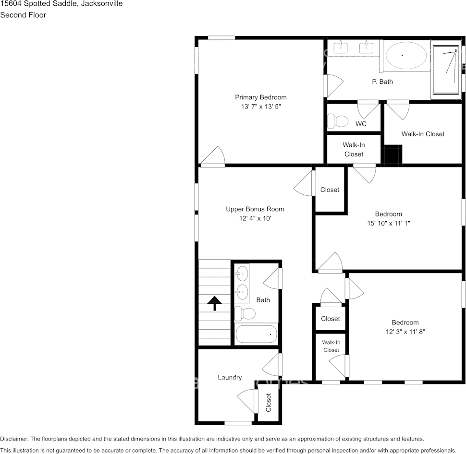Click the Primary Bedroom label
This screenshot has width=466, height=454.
click(260, 97)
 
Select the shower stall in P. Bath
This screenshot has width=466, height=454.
click(446, 69)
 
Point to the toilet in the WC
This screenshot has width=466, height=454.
click(338, 121)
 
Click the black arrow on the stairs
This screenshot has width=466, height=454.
click(214, 303)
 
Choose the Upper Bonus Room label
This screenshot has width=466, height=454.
click(255, 209)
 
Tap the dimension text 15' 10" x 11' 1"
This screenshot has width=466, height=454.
click(388, 223)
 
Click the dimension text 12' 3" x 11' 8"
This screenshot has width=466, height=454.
click(405, 332)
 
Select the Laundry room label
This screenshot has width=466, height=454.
click(230, 378)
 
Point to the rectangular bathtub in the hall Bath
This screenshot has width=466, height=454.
click(257, 334)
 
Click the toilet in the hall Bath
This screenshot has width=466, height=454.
click(245, 314)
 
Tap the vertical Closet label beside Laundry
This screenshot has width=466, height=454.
click(269, 402)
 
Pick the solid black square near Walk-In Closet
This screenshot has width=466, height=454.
click(392, 155)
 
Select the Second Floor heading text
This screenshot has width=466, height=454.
click(23, 15)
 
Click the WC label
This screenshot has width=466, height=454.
click(361, 124)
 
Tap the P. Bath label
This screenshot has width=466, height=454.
click(382, 82)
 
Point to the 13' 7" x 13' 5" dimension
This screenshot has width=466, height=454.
click(260, 107)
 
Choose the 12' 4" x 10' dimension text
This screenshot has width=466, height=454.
click(255, 218)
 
